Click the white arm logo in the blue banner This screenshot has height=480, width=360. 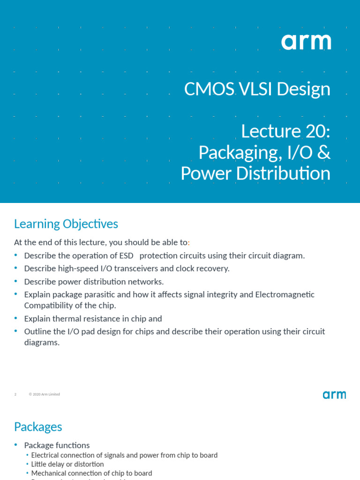[x=306, y=42]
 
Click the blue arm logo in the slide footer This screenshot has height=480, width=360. [x=334, y=395]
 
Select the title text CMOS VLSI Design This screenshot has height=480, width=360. [x=257, y=89]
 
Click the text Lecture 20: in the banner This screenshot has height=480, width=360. [x=285, y=131]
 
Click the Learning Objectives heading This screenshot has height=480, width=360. [x=66, y=224]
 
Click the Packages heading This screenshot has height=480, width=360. [x=38, y=427]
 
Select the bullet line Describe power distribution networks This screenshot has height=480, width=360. [x=94, y=282]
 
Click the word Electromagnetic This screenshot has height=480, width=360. [x=285, y=294]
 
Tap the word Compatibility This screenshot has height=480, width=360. [x=48, y=306]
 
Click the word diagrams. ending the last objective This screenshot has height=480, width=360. [x=42, y=343]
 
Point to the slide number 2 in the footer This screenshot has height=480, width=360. [x=15, y=395]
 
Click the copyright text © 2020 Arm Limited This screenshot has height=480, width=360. [x=45, y=395]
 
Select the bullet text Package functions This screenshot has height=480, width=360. [x=57, y=445]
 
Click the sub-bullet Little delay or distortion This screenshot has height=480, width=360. [x=67, y=464]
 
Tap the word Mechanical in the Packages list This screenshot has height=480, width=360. [x=49, y=473]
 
